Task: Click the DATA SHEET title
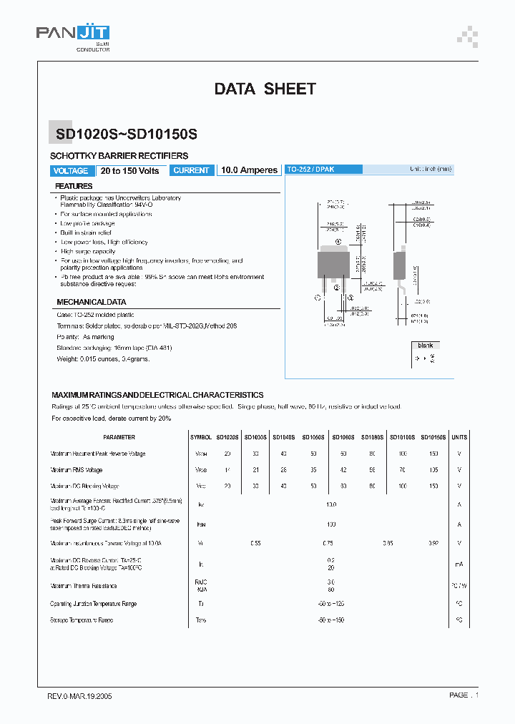click(265, 89)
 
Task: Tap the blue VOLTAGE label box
click(72, 170)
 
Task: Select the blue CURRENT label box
click(192, 170)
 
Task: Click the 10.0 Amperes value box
click(249, 170)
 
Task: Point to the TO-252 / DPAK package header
click(310, 170)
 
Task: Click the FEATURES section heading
click(74, 186)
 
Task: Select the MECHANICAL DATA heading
click(91, 302)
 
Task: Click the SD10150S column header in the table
click(433, 436)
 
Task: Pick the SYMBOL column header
click(201, 436)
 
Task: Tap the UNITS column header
click(459, 436)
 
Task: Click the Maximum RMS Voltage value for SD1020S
click(227, 470)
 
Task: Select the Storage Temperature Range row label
click(82, 620)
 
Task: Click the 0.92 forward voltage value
click(433, 544)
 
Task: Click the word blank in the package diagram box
click(426, 346)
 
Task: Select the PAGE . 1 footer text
click(463, 695)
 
